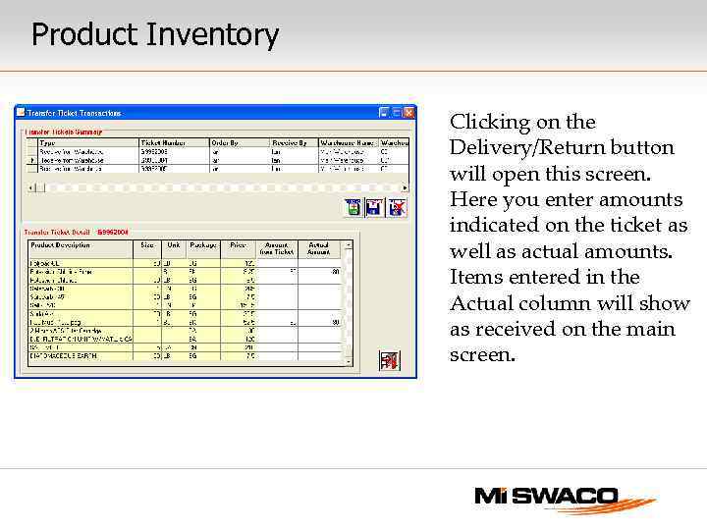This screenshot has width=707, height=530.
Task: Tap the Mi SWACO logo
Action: point(564,498)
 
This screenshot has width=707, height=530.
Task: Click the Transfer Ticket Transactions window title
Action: point(74,112)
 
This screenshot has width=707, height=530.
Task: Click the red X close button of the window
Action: point(409,112)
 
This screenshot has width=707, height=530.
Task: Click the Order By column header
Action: point(225,142)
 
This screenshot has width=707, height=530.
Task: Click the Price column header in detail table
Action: point(237,245)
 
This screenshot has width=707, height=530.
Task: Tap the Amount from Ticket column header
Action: point(276,248)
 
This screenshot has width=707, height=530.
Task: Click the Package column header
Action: point(203,245)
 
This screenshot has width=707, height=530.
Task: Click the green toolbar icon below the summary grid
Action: point(353,207)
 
